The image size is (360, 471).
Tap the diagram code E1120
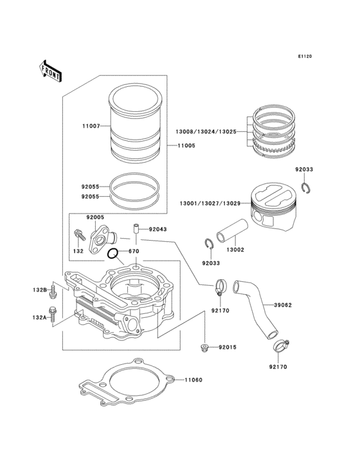tap(304, 57)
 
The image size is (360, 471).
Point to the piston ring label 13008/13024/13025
tap(206, 131)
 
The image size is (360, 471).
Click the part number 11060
tap(194, 380)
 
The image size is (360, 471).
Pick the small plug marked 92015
tap(204, 348)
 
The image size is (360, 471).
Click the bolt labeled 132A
tap(53, 316)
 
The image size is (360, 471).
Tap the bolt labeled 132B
tap(53, 291)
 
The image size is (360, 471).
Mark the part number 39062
tap(283, 305)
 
